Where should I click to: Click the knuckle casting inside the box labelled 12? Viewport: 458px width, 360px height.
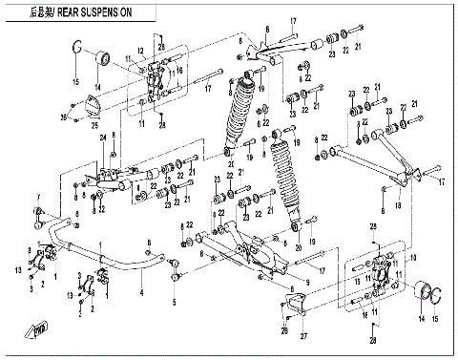click(154, 82)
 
